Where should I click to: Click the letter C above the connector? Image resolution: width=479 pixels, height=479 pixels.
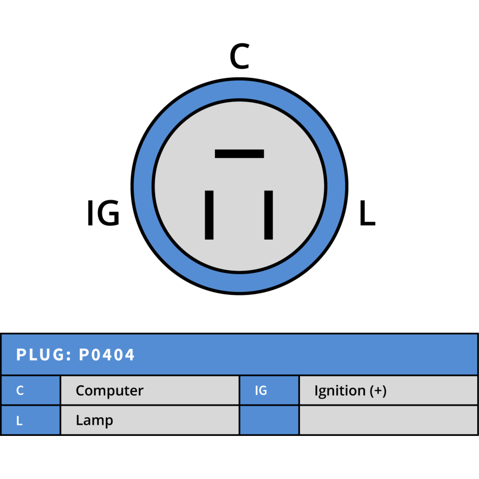[x=239, y=56]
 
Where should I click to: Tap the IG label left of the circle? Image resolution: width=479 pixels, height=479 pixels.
[x=103, y=213]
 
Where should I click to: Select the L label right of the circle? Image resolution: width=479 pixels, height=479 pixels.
[x=367, y=213]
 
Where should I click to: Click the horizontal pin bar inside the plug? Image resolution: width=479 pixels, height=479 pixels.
[x=239, y=154]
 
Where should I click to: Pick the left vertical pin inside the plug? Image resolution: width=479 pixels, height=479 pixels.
[x=209, y=215]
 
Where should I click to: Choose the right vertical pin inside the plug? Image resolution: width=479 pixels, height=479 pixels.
[x=269, y=215]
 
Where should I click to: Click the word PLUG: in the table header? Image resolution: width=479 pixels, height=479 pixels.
[x=44, y=355]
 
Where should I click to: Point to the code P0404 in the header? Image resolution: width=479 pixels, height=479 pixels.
[x=107, y=355]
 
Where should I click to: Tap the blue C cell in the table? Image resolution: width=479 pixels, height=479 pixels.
[x=31, y=390]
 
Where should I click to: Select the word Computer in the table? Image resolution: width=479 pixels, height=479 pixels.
[x=110, y=391]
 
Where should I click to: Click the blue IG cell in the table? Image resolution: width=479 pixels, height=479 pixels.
[x=269, y=390]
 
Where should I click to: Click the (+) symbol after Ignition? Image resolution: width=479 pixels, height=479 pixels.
[x=378, y=391]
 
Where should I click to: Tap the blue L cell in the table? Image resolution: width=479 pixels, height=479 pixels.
[x=31, y=420]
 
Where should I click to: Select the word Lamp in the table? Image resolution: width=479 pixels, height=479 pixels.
[x=94, y=421]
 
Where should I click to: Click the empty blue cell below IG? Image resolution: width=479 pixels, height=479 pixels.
[x=269, y=420]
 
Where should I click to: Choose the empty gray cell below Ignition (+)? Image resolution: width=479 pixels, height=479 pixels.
[x=388, y=420]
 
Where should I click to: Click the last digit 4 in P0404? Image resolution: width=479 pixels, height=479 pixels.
[x=129, y=355]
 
